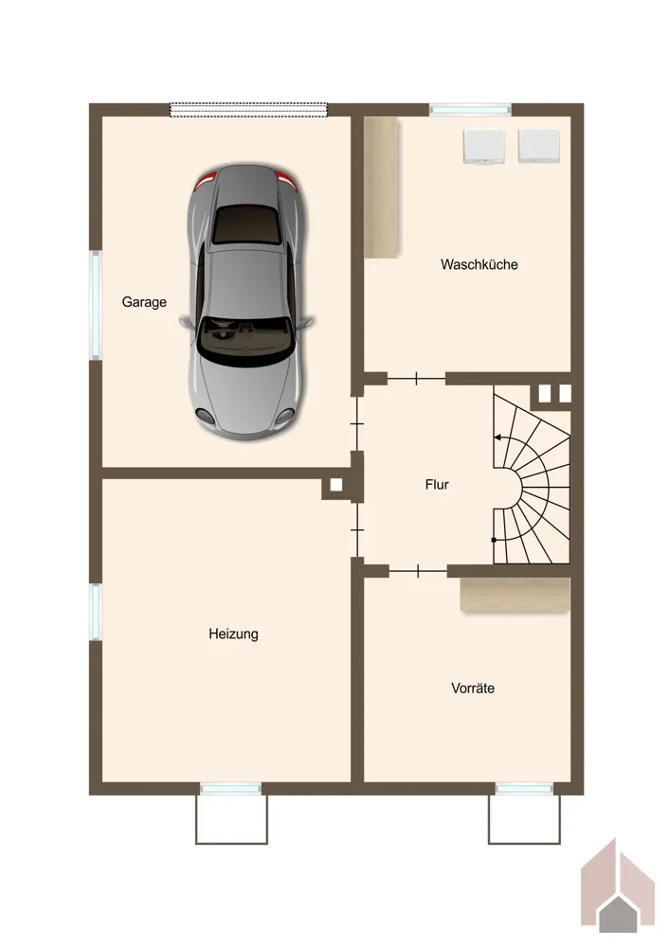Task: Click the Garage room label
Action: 144,302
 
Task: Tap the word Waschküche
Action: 479,264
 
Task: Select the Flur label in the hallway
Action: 437,484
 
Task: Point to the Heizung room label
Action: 233,634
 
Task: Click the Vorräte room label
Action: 473,688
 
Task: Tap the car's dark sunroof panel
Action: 246,224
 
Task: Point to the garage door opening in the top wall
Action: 248,109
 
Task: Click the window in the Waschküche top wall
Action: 470,110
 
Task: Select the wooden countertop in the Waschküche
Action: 381,188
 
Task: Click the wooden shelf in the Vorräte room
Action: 515,595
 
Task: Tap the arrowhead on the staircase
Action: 498,438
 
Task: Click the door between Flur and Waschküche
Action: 416,379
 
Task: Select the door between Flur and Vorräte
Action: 418,571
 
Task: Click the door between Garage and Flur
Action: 357,424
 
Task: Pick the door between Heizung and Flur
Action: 358,530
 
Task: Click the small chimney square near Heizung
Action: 336,484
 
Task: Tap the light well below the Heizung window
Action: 231,819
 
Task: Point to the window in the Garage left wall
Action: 96,305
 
